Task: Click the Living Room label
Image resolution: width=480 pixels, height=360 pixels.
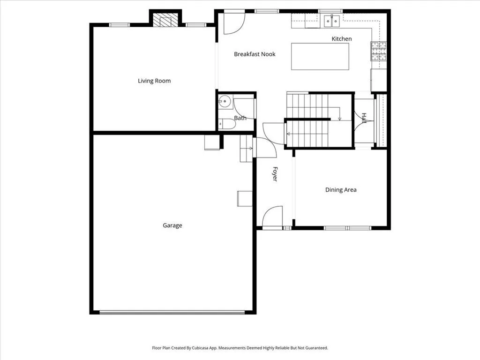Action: [x=154, y=81]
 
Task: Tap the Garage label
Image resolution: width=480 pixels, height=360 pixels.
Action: [x=172, y=225]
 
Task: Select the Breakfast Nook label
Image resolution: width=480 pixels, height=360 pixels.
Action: [x=255, y=54]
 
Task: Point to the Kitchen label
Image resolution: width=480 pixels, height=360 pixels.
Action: [x=342, y=39]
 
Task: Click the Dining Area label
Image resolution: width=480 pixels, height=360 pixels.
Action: [x=341, y=190]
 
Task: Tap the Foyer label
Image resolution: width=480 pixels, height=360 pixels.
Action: [x=275, y=174]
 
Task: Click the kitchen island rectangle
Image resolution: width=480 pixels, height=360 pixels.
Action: [x=320, y=56]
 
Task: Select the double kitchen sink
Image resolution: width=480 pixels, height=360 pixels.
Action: [x=332, y=21]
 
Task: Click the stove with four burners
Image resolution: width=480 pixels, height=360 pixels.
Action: [x=379, y=51]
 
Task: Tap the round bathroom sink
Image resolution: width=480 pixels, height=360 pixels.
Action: [x=225, y=101]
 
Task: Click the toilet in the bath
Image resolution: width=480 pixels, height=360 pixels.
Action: [x=227, y=124]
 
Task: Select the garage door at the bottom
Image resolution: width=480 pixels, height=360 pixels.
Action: [x=172, y=313]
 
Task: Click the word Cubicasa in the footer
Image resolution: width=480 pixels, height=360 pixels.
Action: [x=200, y=348]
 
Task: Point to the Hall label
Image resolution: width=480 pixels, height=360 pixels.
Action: [x=364, y=118]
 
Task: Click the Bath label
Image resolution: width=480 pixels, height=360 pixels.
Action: [x=240, y=118]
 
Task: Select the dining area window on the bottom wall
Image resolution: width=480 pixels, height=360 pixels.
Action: [x=347, y=228]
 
